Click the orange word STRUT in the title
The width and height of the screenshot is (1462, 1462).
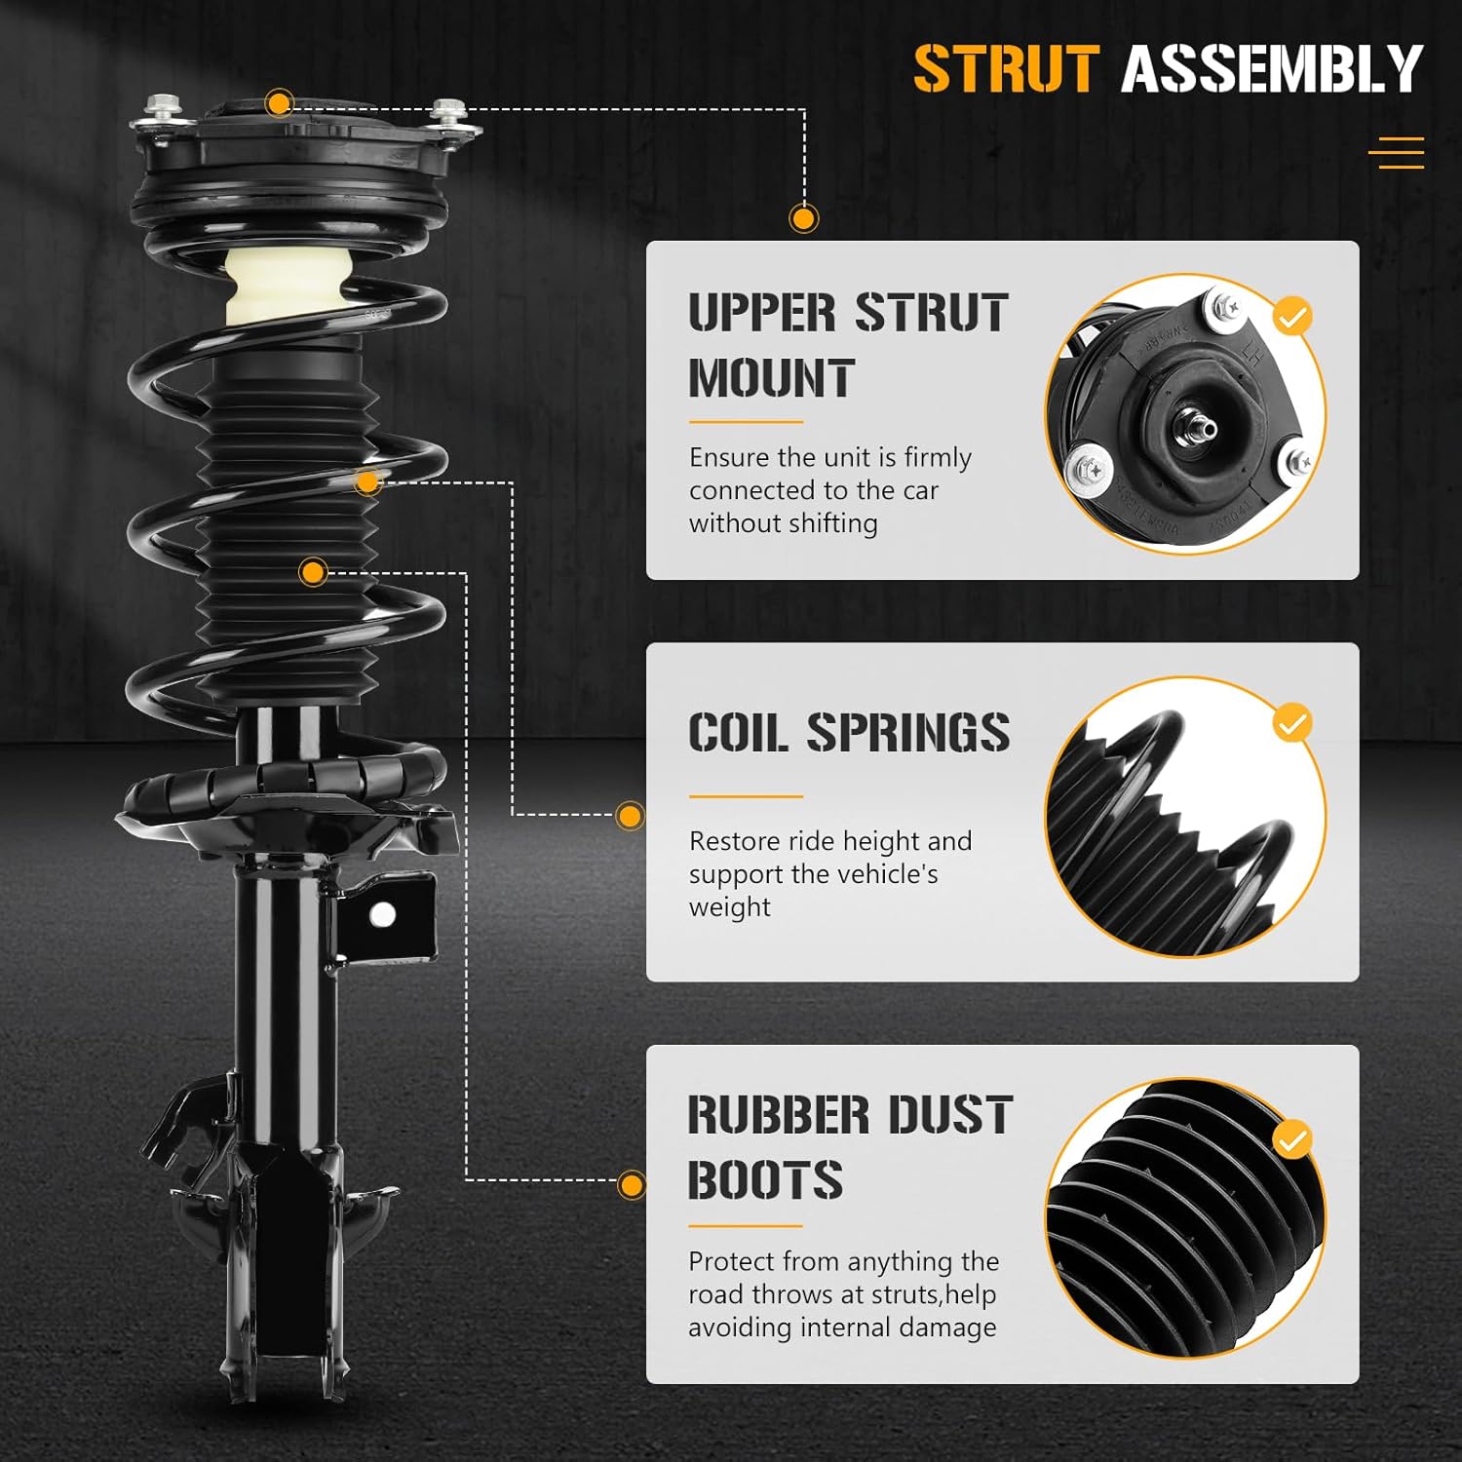(1006, 69)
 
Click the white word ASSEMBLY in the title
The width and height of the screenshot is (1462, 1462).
(1272, 69)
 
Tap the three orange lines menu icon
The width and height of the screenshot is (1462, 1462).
(1396, 153)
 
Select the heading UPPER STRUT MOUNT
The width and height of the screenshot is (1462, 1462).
(846, 345)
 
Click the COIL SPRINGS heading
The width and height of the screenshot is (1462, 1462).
(848, 733)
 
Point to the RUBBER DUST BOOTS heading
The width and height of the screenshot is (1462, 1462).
(850, 1147)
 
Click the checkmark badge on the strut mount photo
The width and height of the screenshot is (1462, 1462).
(1292, 317)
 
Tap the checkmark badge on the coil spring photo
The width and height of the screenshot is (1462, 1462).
(1292, 723)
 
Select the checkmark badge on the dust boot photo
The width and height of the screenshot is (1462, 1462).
(1292, 1139)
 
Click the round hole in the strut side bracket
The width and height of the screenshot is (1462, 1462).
(383, 914)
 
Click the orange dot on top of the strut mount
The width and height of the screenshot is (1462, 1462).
(280, 103)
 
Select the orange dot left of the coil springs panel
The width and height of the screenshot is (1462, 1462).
(631, 816)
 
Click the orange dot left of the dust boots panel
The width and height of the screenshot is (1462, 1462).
(632, 1185)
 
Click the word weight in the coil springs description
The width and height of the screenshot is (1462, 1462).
(729, 907)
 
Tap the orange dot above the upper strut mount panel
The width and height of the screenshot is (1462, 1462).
(803, 218)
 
